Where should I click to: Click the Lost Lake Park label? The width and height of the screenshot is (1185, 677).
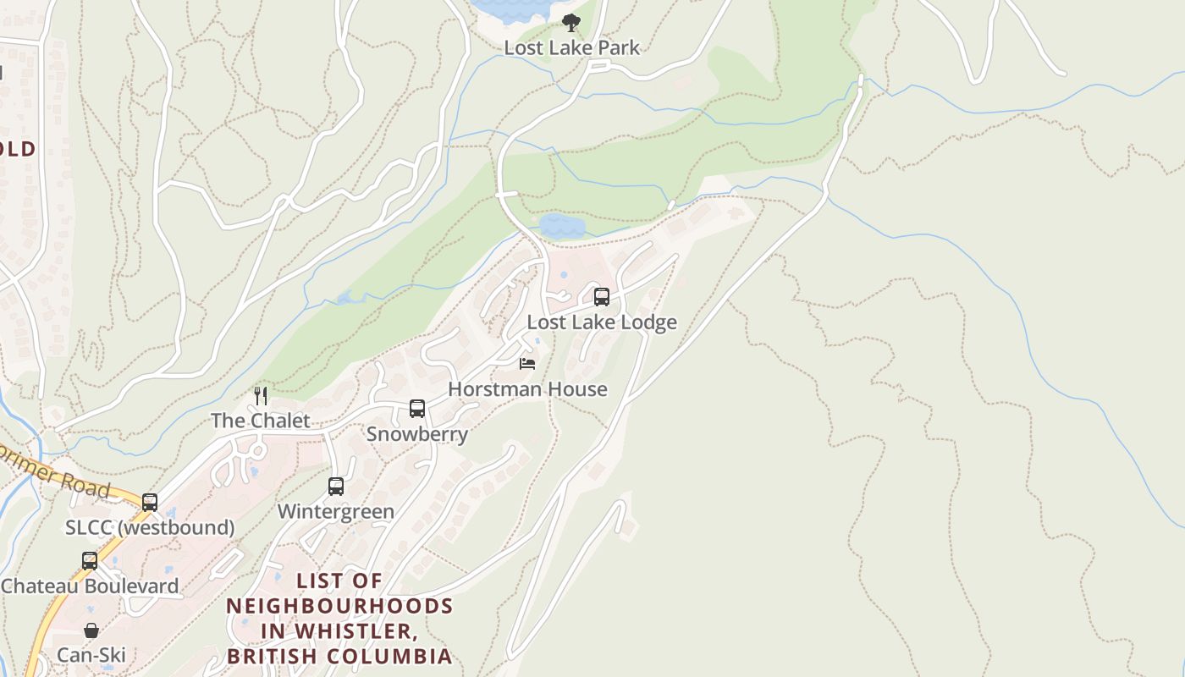pyautogui.click(x=571, y=47)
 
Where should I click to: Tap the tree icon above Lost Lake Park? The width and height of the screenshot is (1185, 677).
pyautogui.click(x=571, y=23)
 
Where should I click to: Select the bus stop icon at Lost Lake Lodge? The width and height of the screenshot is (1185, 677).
pyautogui.click(x=602, y=297)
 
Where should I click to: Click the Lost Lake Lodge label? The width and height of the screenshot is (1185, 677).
pyautogui.click(x=602, y=322)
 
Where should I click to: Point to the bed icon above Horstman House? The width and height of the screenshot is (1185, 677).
pyautogui.click(x=527, y=364)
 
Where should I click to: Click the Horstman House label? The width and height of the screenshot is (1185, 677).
pyautogui.click(x=527, y=389)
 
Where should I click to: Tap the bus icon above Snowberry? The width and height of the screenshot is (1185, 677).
pyautogui.click(x=417, y=409)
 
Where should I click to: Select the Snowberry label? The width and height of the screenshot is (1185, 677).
pyautogui.click(x=417, y=434)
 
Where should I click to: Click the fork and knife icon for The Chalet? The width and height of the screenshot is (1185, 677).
pyautogui.click(x=261, y=395)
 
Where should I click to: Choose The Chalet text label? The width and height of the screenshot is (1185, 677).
pyautogui.click(x=260, y=421)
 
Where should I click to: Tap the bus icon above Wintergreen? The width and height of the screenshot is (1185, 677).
pyautogui.click(x=336, y=487)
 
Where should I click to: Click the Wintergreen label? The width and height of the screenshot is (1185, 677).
pyautogui.click(x=336, y=512)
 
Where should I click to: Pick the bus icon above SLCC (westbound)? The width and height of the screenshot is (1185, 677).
pyautogui.click(x=150, y=503)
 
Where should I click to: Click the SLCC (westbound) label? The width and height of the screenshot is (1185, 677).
pyautogui.click(x=150, y=528)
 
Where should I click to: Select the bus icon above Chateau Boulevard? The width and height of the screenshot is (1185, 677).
pyautogui.click(x=90, y=561)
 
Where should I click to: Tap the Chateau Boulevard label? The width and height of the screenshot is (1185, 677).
pyautogui.click(x=90, y=586)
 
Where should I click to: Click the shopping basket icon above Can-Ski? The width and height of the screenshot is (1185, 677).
pyautogui.click(x=91, y=630)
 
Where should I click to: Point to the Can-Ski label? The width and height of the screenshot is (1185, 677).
pyautogui.click(x=91, y=655)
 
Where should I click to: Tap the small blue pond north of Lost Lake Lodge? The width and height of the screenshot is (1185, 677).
pyautogui.click(x=562, y=226)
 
